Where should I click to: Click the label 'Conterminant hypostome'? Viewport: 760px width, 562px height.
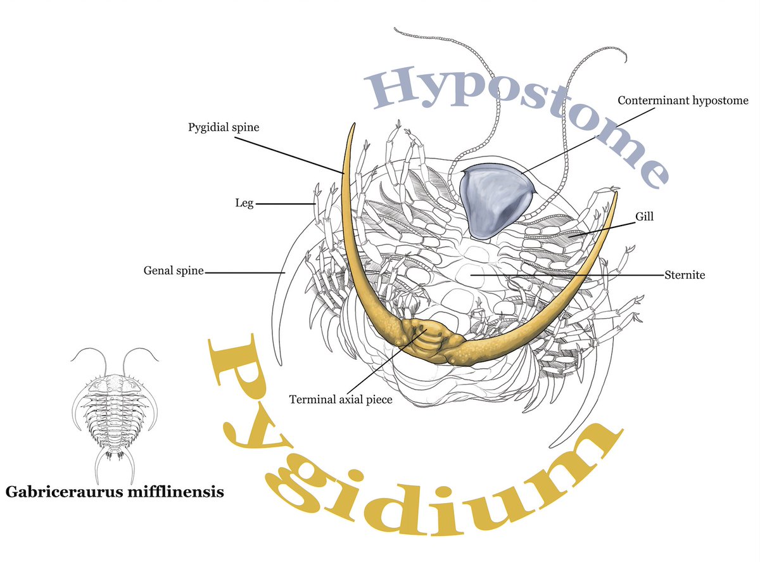pyautogui.click(x=683, y=100)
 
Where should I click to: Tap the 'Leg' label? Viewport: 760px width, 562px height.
pyautogui.click(x=244, y=203)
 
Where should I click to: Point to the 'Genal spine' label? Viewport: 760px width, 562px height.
pyautogui.click(x=174, y=271)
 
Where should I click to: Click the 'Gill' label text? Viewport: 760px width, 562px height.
pyautogui.click(x=645, y=216)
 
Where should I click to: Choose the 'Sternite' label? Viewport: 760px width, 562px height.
pyautogui.click(x=685, y=275)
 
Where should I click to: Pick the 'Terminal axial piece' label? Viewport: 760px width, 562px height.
pyautogui.click(x=341, y=400)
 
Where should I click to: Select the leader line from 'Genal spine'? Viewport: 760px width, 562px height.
pyautogui.click(x=244, y=272)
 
